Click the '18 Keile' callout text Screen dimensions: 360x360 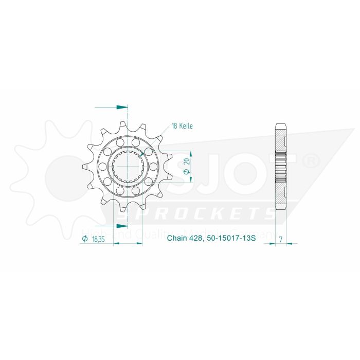coord(183,126)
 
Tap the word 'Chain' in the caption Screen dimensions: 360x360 coord(176,239)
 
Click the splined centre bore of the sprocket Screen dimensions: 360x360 coord(127,167)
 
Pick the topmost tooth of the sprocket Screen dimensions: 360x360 coord(122,125)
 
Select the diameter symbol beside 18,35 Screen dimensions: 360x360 coord(83,239)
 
